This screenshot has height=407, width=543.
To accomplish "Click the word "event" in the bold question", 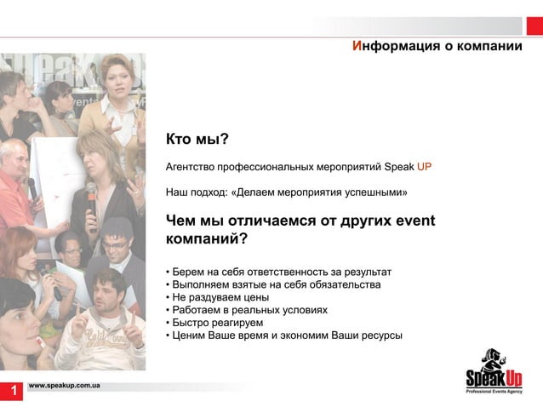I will pyautogui.click(x=415, y=221).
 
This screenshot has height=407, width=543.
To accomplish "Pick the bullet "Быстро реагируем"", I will pyautogui.click(x=217, y=323).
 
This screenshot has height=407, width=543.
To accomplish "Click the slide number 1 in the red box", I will pyautogui.click(x=13, y=391).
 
